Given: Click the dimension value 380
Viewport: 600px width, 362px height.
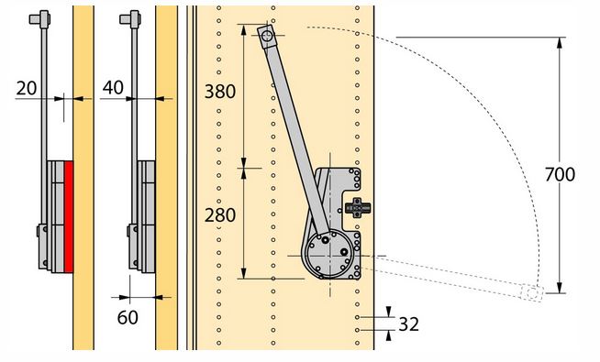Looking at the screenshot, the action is [x=219, y=92].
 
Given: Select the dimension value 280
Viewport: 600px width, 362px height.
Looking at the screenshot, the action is [x=219, y=215].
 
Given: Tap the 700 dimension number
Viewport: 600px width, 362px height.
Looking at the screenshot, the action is [x=560, y=174].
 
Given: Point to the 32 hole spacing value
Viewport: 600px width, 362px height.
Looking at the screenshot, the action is [x=408, y=324].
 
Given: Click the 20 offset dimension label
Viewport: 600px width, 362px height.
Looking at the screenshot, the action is [x=27, y=88].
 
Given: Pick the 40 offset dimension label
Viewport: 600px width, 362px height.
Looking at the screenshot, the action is [x=113, y=88].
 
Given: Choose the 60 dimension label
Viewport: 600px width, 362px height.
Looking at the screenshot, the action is [x=128, y=317].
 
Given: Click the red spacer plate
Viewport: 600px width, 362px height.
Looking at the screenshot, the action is [x=69, y=216].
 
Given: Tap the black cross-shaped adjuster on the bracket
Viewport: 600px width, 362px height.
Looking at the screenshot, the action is [x=358, y=208].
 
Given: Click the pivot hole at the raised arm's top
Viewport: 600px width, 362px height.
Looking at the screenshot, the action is [x=267, y=36].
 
